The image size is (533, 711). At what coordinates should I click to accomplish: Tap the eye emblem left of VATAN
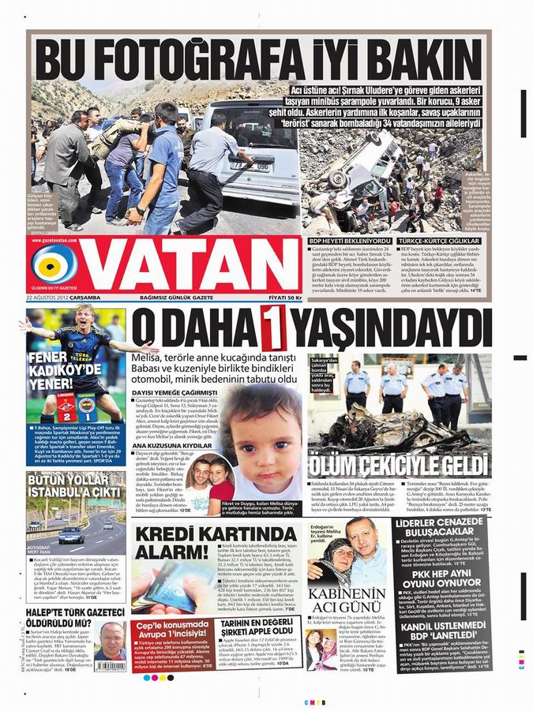click(54, 265)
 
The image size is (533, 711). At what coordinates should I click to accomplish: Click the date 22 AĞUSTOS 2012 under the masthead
click(63, 297)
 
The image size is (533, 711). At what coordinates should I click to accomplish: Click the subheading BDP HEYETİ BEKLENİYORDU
click(349, 240)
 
